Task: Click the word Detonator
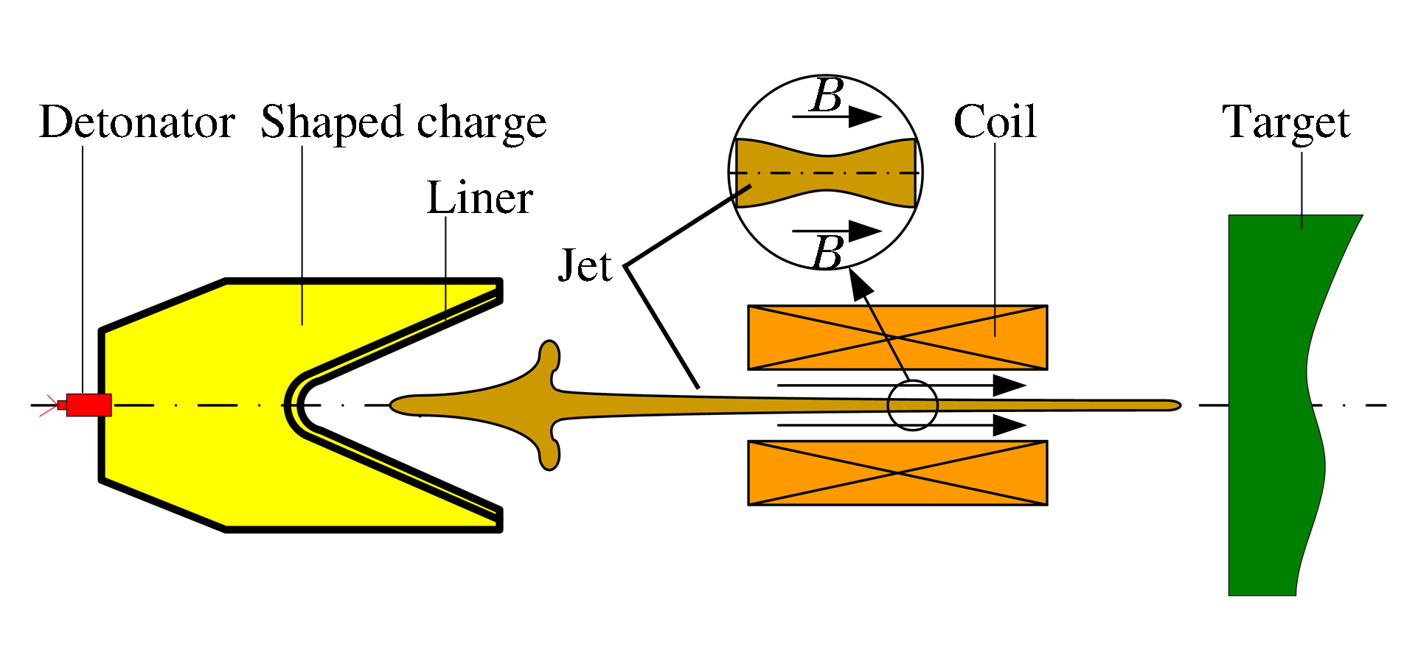[137, 122]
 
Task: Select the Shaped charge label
[403, 122]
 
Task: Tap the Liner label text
[479, 198]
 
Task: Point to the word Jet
[585, 266]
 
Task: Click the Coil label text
[995, 122]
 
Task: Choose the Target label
[1286, 122]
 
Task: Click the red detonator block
[88, 405]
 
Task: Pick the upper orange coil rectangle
[897, 338]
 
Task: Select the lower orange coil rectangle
[897, 472]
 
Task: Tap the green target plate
[1268, 405]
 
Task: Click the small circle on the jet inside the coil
[912, 405]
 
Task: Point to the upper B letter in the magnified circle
[827, 97]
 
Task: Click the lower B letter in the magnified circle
[827, 253]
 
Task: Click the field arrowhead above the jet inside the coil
[1009, 385]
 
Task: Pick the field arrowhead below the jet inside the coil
[1009, 425]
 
